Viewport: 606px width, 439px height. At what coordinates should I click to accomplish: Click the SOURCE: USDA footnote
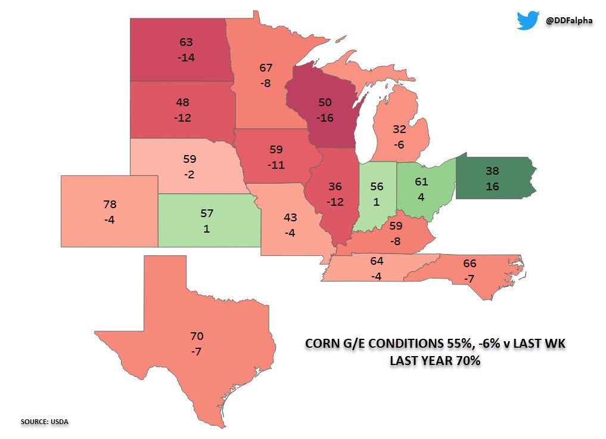click(x=45, y=422)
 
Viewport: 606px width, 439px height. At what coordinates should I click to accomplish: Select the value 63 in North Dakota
click(x=187, y=42)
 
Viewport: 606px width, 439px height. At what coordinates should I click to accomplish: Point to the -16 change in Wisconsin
click(x=325, y=118)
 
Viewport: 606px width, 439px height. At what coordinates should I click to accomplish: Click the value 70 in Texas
click(x=197, y=336)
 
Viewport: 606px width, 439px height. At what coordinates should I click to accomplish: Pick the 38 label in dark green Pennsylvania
click(x=492, y=171)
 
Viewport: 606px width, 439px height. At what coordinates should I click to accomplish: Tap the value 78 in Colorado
click(x=110, y=205)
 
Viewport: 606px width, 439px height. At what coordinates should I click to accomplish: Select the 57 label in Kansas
click(x=206, y=213)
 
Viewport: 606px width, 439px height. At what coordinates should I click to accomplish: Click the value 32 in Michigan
click(x=400, y=129)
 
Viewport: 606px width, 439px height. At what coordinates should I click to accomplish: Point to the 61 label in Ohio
click(x=421, y=182)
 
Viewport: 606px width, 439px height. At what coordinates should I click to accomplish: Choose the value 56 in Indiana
click(x=376, y=186)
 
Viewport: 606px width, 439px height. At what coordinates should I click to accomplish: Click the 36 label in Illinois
click(x=335, y=187)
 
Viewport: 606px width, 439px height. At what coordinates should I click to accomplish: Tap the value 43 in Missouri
click(x=290, y=218)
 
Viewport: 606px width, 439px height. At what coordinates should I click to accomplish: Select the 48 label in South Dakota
click(x=183, y=102)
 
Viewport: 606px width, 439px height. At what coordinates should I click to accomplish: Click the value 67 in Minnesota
click(x=266, y=68)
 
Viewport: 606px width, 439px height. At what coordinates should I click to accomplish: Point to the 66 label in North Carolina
click(x=470, y=264)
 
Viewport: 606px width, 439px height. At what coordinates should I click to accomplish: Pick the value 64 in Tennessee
click(x=377, y=261)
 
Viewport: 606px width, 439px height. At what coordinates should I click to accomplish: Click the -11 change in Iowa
click(x=276, y=165)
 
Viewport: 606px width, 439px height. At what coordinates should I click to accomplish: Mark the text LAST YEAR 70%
click(x=435, y=361)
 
